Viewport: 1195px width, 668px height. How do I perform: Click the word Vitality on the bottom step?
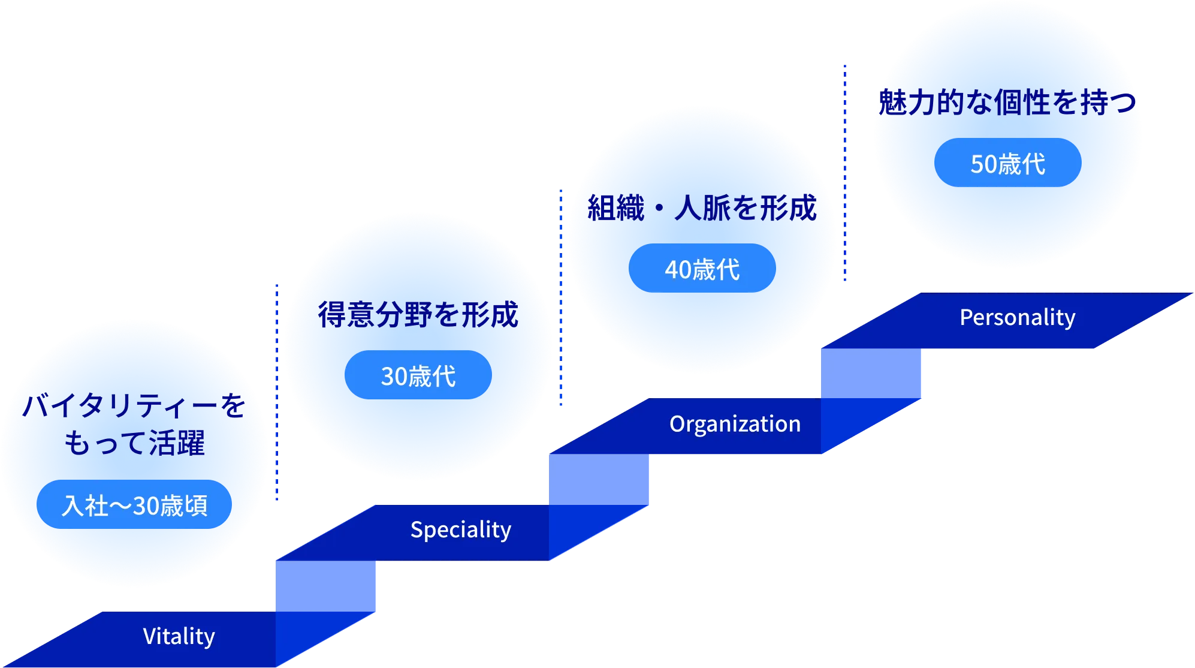179,636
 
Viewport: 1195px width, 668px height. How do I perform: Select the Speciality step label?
461,529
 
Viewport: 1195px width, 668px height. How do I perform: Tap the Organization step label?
735,424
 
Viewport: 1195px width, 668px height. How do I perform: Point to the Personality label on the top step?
1018,317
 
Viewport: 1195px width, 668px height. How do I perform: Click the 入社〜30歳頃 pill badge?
134,504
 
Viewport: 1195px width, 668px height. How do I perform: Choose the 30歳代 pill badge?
418,375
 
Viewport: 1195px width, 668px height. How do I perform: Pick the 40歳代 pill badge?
702,268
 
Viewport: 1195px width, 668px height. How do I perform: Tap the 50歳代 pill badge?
1008,163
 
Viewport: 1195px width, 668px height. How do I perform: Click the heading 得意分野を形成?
418,314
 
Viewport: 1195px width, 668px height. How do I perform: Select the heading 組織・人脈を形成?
702,208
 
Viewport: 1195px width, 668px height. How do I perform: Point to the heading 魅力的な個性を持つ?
1007,102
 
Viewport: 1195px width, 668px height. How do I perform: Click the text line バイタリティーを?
134,405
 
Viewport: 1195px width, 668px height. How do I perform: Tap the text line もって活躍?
134,443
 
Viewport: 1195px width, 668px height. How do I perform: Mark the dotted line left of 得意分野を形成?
277,392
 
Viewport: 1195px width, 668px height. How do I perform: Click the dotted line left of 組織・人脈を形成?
561,297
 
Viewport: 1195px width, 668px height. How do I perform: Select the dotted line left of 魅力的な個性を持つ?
845,173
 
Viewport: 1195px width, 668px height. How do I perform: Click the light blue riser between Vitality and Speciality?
325,586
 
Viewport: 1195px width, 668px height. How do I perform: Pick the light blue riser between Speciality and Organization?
599,480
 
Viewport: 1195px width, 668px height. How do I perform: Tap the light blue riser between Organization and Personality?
871,373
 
